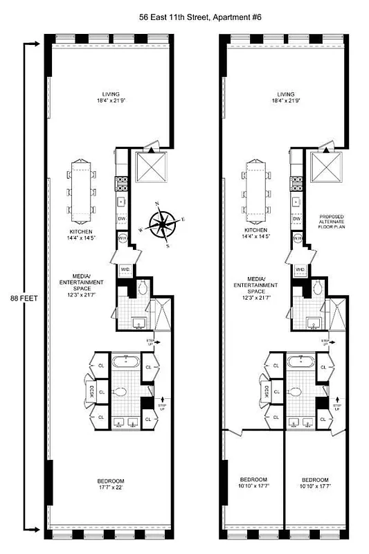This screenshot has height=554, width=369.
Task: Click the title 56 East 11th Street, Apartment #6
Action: click(184, 16)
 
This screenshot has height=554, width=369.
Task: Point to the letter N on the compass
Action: click(158, 204)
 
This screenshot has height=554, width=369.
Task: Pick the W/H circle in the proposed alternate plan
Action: click(298, 238)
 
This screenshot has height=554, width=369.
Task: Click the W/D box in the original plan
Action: click(126, 269)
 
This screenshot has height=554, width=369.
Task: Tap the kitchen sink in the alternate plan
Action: click(297, 202)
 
